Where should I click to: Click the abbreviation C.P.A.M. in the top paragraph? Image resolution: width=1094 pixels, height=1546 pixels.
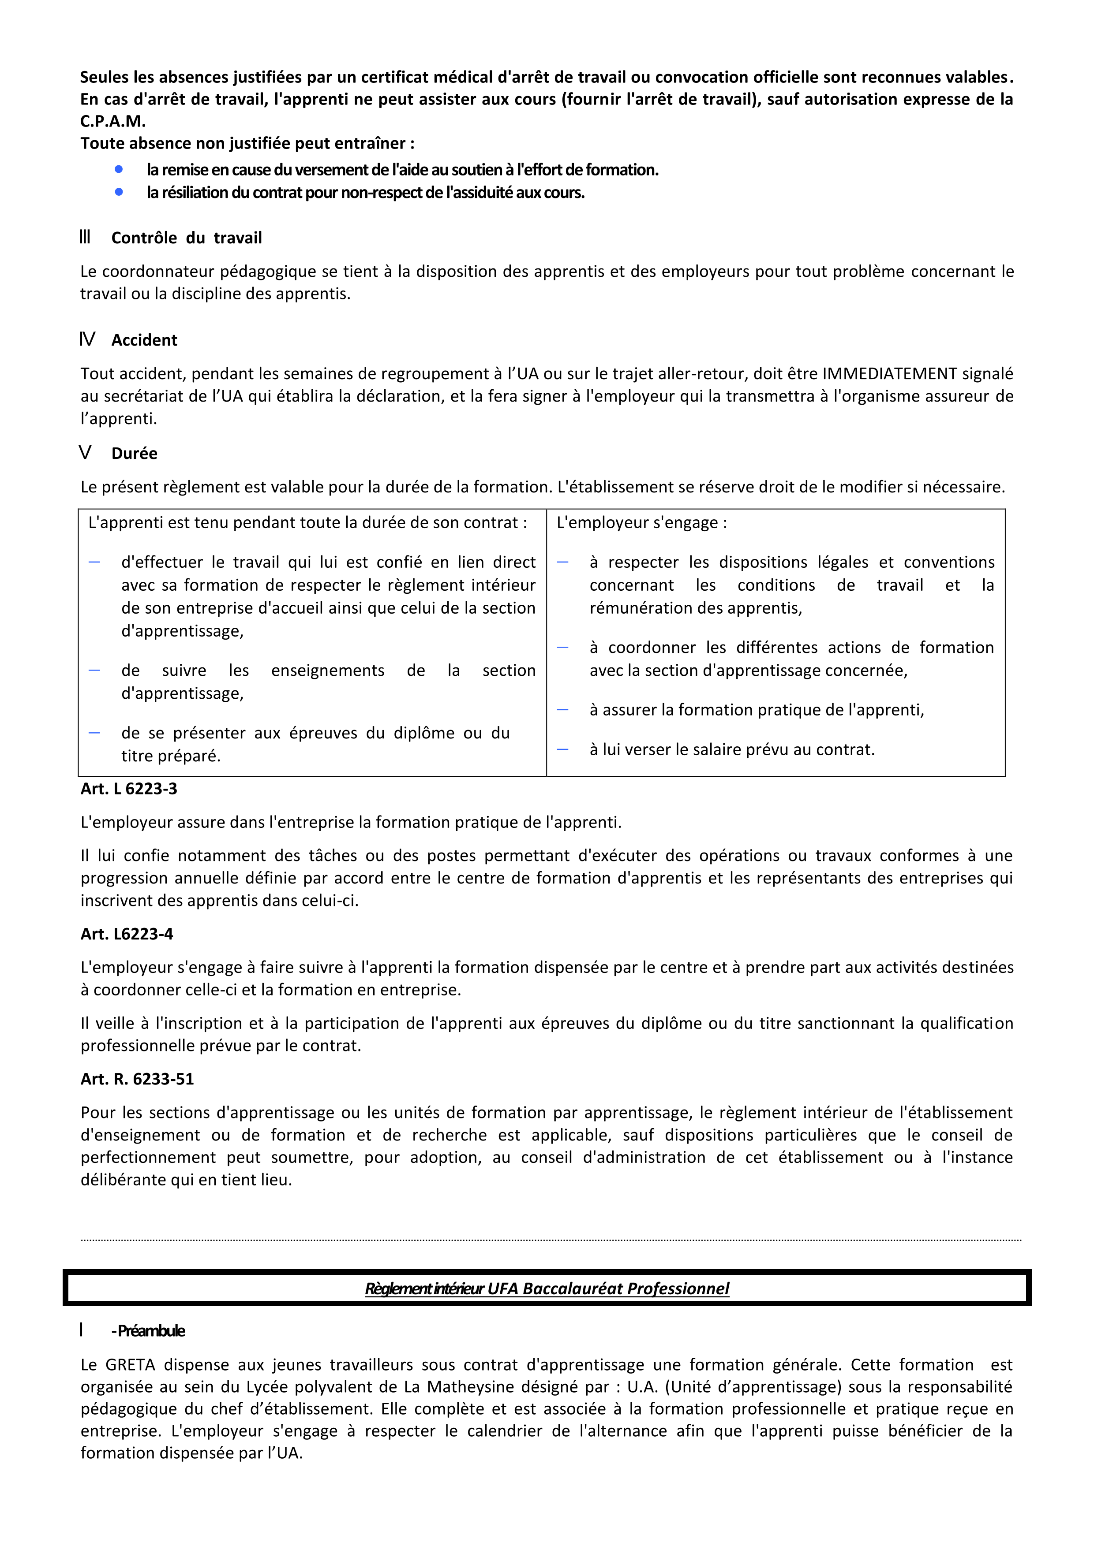(x=112, y=121)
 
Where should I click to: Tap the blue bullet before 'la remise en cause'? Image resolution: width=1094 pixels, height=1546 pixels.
(x=119, y=169)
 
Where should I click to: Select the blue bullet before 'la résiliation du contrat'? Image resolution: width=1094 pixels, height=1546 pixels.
(x=119, y=192)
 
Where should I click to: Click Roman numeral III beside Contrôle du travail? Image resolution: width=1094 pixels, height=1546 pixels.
(x=85, y=237)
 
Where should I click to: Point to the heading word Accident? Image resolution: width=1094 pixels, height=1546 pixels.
(x=144, y=340)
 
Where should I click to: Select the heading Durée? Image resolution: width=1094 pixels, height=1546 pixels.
(x=134, y=453)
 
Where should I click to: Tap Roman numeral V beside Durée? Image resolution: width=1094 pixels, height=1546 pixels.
(x=85, y=452)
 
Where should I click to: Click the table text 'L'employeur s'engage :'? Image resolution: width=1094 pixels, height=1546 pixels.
(x=641, y=522)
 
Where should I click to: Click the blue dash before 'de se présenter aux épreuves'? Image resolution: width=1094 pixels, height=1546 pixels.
(x=94, y=733)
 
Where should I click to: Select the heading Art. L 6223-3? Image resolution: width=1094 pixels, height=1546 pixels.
(x=129, y=789)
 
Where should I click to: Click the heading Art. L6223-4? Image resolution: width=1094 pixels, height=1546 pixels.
(x=127, y=934)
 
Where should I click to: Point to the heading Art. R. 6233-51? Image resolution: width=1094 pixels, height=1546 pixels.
(x=138, y=1079)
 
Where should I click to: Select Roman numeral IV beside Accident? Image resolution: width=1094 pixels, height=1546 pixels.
(x=87, y=339)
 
